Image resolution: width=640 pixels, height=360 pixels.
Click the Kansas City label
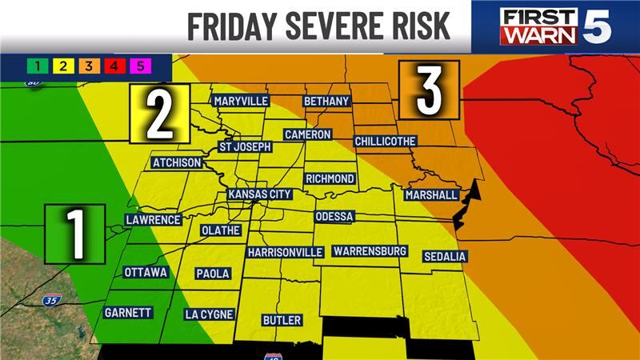(259, 194)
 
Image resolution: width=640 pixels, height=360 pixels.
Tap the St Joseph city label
(246, 147)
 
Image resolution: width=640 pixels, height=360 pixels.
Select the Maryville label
(240, 101)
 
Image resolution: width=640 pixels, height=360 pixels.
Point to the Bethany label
(326, 102)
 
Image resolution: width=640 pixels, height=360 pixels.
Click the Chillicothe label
(385, 141)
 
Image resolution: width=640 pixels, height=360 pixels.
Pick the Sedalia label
(446, 256)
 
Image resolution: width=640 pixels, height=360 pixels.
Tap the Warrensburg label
(370, 251)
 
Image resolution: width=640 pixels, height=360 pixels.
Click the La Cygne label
(208, 314)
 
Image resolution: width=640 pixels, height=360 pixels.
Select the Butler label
(282, 320)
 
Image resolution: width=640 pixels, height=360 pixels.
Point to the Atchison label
(177, 163)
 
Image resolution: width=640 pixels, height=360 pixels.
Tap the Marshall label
(431, 195)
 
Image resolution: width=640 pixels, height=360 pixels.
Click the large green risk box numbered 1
(75, 233)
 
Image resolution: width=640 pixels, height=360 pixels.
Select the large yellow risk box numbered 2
(160, 114)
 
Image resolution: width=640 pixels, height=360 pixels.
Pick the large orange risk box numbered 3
(429, 90)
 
